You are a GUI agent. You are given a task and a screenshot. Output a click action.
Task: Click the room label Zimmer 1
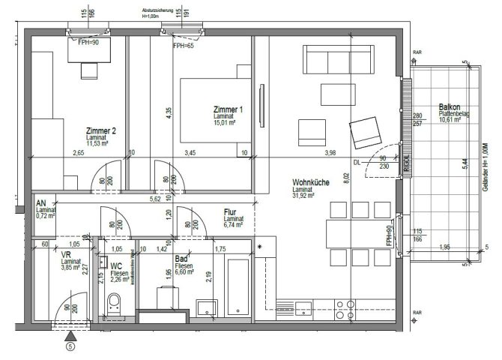click(x=228, y=109)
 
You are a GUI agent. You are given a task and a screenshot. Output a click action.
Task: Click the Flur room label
click(x=230, y=212)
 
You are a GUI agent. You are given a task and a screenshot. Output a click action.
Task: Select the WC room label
click(x=117, y=266)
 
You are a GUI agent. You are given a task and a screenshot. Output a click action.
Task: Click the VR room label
click(x=65, y=255)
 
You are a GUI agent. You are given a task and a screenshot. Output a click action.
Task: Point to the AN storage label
click(x=41, y=203)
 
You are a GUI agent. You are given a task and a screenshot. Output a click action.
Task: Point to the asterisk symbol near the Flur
click(x=260, y=246)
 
